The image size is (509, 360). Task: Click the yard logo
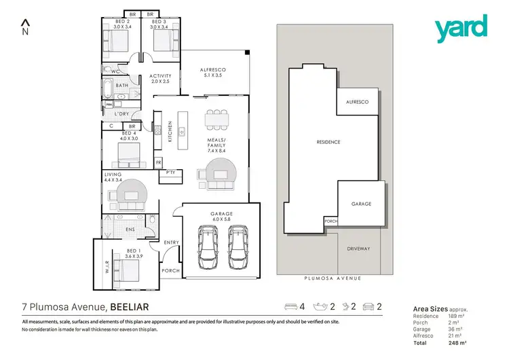click(461, 28)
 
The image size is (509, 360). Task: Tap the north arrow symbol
click(26, 28)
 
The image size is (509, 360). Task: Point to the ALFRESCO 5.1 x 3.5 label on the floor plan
click(212, 73)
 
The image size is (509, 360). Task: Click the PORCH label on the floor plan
click(170, 270)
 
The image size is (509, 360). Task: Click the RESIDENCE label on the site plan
click(328, 142)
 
